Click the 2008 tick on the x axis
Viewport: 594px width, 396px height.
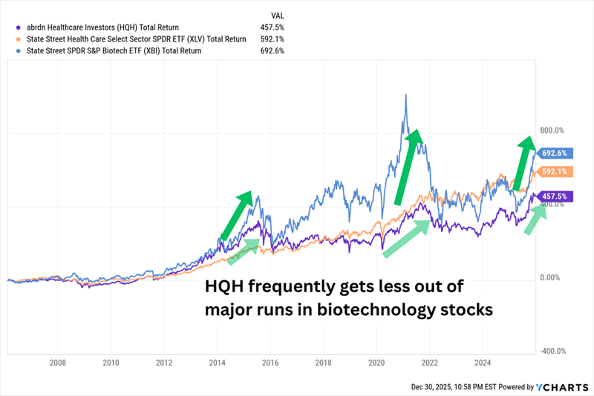pos(58,364)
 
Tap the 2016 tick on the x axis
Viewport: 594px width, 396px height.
pos(270,364)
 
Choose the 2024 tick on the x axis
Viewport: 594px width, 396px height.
pos(481,364)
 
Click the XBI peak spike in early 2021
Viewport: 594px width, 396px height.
pos(405,96)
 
